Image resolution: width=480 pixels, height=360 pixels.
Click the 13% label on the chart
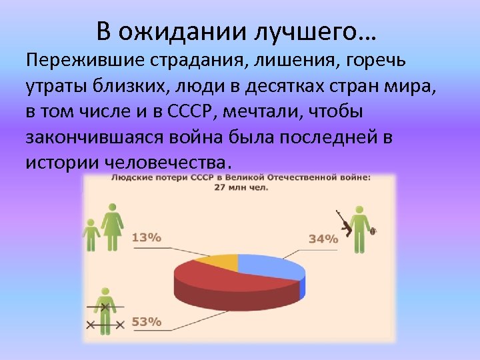147,237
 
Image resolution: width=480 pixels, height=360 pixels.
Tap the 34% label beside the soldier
323,239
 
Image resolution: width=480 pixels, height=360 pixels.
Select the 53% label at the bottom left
147,321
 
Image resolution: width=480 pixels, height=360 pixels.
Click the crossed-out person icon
105,313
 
